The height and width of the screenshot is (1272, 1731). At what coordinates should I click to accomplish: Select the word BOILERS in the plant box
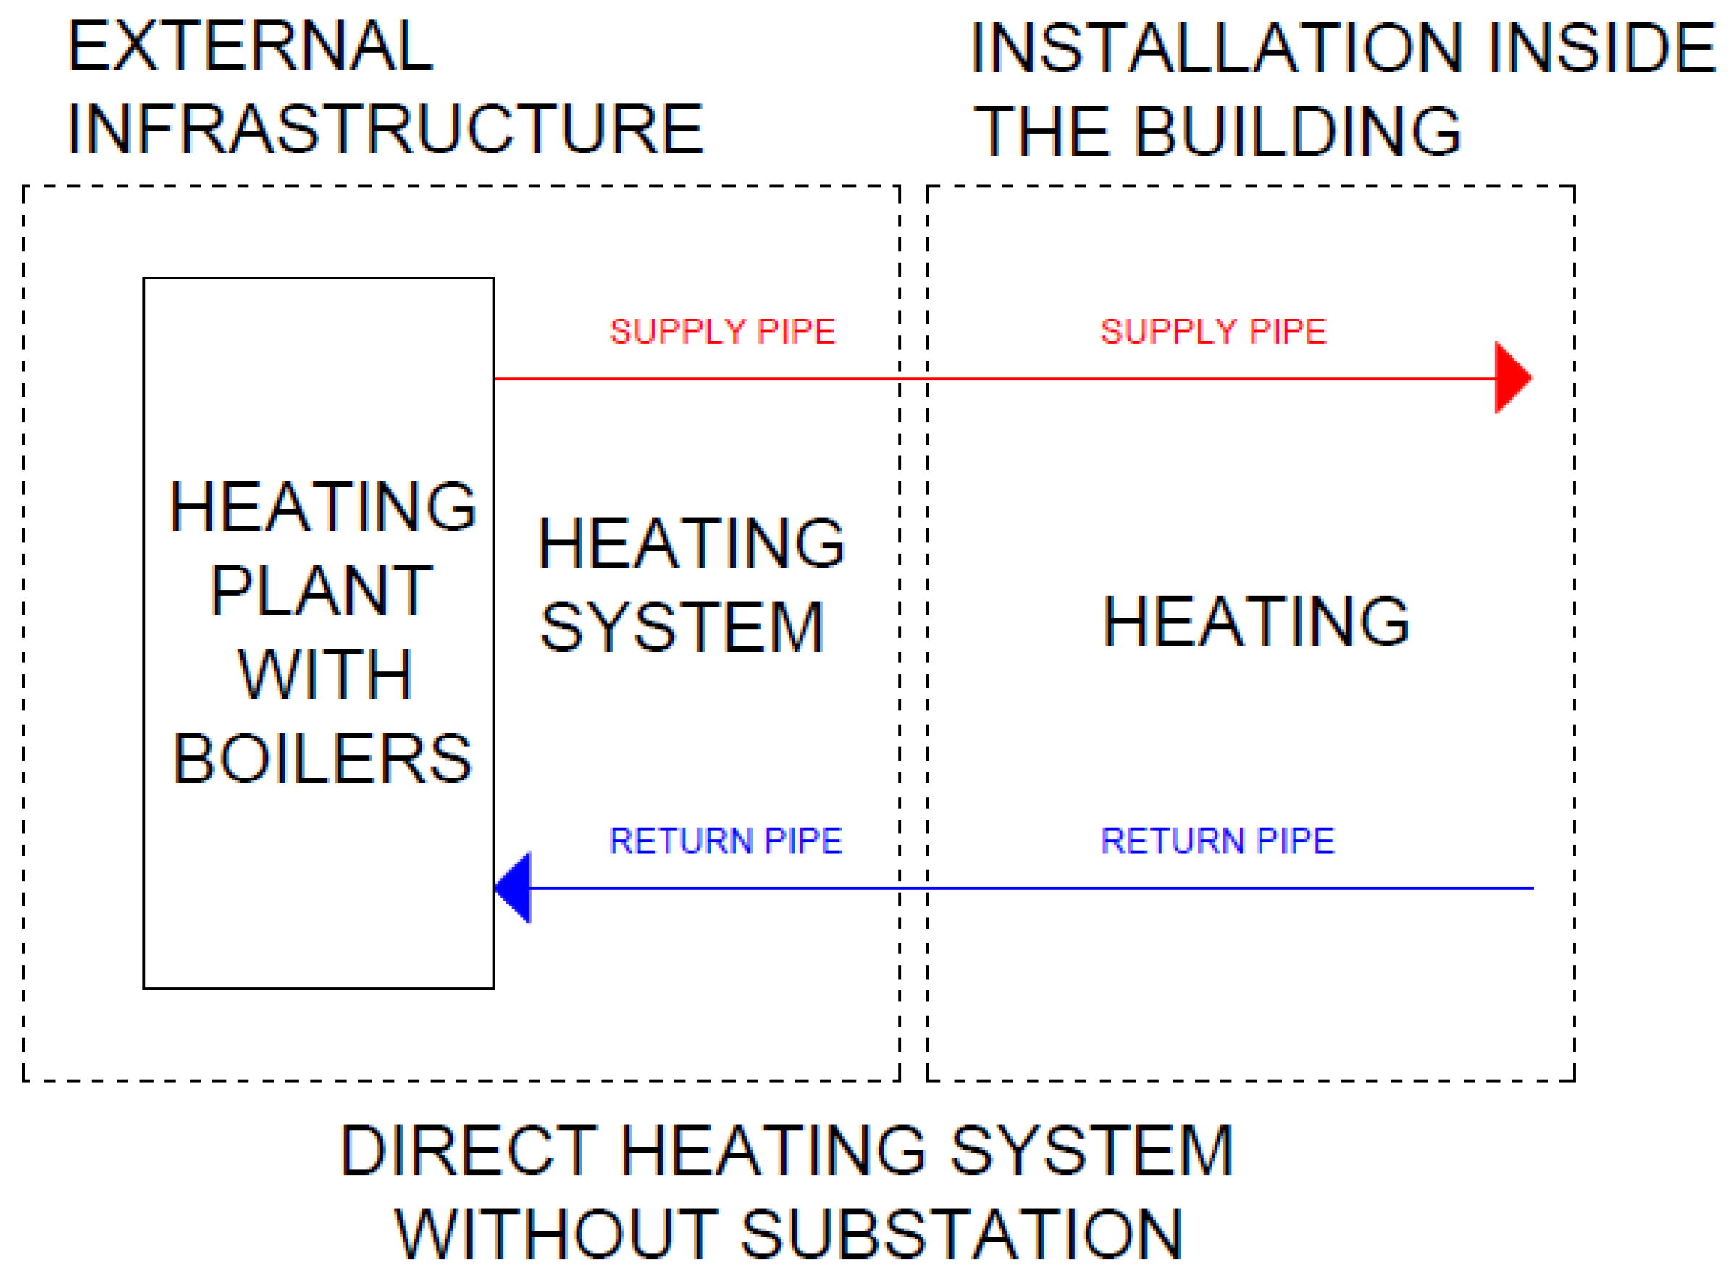pos(322,759)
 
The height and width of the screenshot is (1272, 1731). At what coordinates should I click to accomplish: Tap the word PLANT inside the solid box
pos(322,591)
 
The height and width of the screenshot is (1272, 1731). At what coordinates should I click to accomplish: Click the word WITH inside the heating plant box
pos(324,675)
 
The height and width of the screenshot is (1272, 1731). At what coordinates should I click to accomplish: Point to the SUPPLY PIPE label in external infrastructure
pos(722,332)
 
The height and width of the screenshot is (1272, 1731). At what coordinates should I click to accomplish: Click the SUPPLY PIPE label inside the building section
pos(1212,332)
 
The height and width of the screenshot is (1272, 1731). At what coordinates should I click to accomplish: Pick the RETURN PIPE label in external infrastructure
pos(725,841)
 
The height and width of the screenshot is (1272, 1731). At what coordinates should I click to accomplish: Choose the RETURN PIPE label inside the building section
pos(1216,841)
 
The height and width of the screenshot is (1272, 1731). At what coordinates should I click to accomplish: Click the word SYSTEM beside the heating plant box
pos(682,628)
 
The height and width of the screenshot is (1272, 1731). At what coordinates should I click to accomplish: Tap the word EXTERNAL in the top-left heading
pos(251,46)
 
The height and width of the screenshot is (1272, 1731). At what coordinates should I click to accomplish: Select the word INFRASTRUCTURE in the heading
pos(385,130)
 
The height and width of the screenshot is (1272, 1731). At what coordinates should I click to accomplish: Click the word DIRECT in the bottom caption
pos(468,1151)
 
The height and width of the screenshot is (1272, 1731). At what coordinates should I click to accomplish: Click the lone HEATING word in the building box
pos(1255,621)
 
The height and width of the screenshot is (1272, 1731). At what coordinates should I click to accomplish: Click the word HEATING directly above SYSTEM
pos(691,544)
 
